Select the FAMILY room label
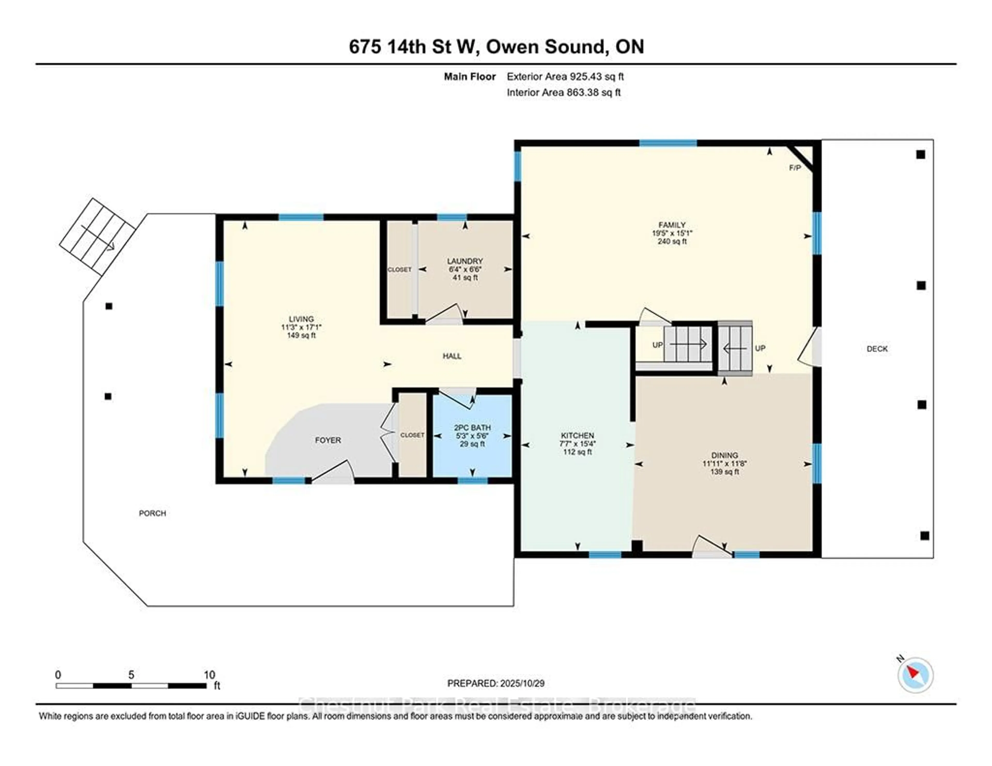(x=672, y=225)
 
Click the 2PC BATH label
(x=472, y=428)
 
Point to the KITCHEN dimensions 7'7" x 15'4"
(x=577, y=444)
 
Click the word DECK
(x=877, y=349)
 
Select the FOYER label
(x=328, y=440)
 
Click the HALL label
(x=452, y=356)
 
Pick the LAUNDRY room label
(x=465, y=261)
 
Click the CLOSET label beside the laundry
(x=399, y=270)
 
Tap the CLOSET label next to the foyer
(x=412, y=435)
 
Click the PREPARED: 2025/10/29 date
(x=495, y=683)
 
